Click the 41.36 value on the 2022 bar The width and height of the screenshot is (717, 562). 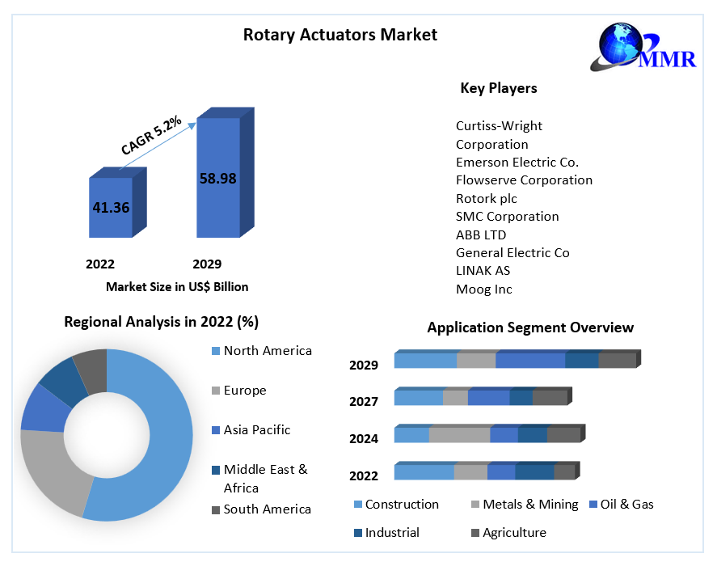click(111, 208)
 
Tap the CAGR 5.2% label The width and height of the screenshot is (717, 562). click(151, 135)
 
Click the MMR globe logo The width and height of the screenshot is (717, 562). click(643, 47)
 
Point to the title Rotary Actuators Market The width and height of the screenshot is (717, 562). click(340, 35)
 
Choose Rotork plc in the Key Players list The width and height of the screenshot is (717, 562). click(486, 198)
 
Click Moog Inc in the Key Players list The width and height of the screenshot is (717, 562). click(483, 289)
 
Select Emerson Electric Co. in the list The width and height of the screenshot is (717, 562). click(517, 163)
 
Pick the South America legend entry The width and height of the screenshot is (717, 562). click(262, 509)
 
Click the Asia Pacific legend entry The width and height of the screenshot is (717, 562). click(251, 430)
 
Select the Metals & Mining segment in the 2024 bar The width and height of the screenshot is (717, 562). click(460, 434)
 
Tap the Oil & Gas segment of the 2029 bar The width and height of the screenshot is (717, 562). click(530, 360)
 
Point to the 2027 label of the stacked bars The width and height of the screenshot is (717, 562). click(364, 402)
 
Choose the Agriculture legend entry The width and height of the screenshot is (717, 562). click(509, 533)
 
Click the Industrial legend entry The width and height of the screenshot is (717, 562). click(387, 533)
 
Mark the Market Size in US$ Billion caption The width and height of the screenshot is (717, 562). click(177, 287)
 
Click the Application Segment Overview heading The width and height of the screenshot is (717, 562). click(530, 327)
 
